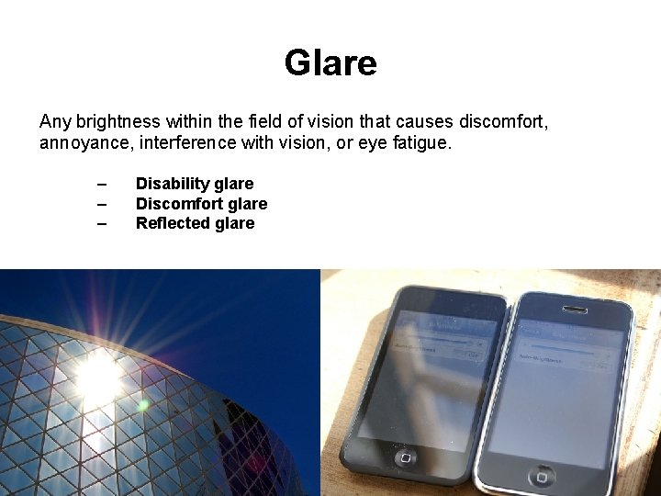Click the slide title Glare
330,63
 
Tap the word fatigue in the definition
423,143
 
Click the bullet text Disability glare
195,184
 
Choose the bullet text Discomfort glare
201,204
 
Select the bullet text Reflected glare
195,223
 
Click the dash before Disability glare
101,184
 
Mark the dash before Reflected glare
101,223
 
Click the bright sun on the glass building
98,375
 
